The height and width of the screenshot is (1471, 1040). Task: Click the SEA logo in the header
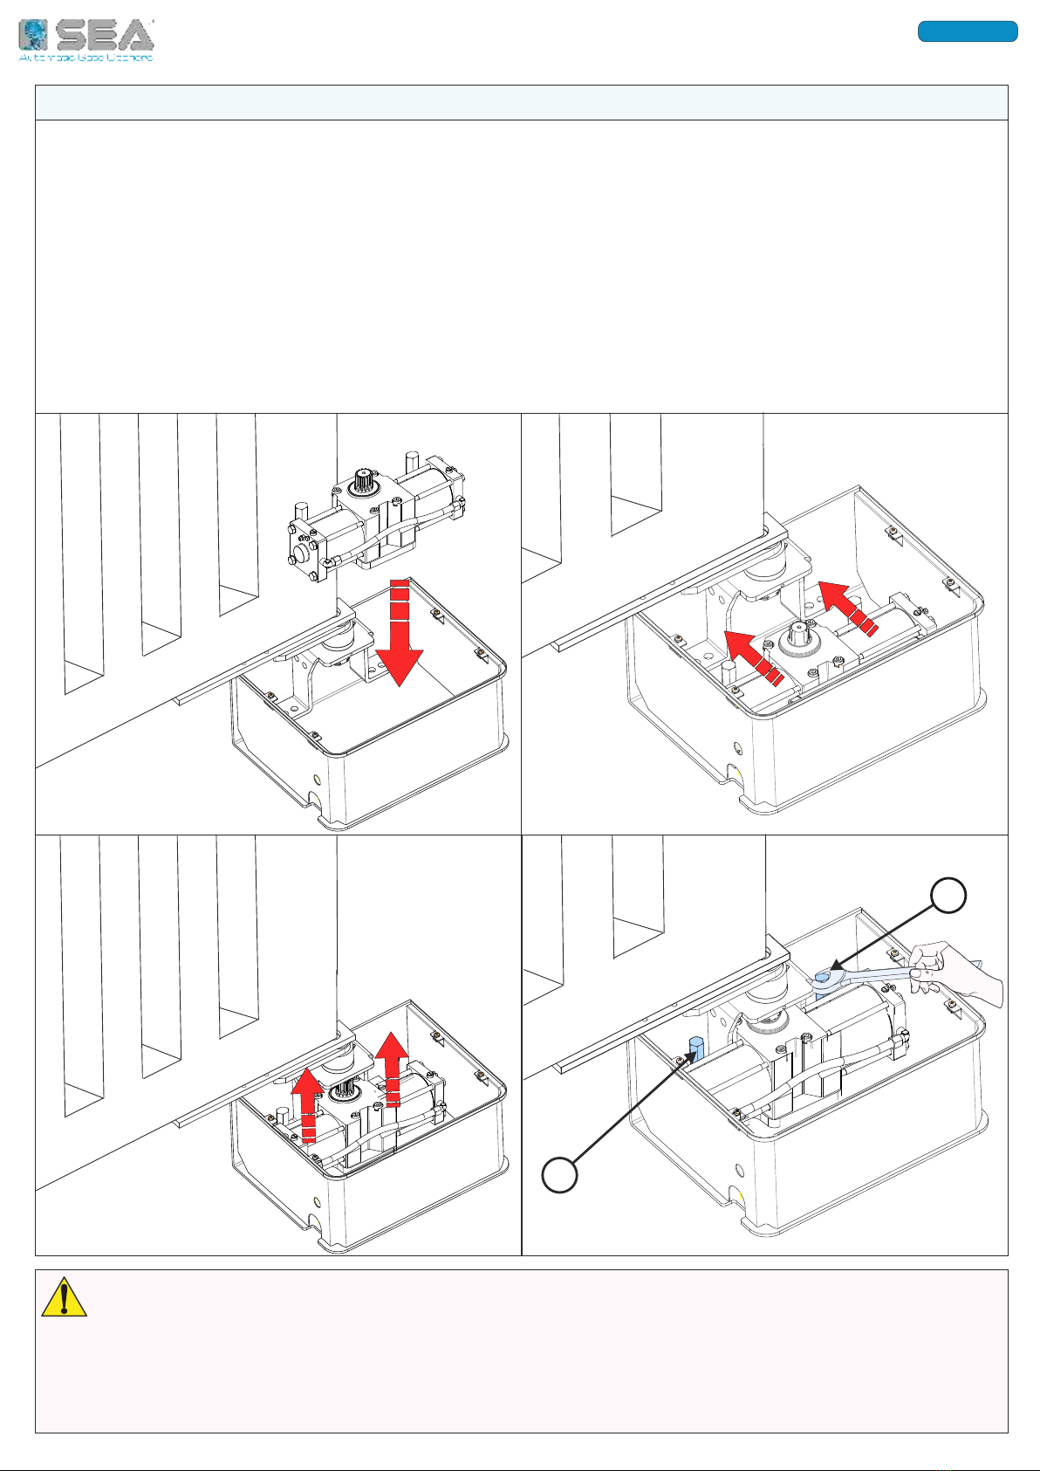(86, 40)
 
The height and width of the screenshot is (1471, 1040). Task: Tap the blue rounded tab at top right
(967, 31)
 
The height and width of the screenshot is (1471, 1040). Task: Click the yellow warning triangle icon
(64, 1298)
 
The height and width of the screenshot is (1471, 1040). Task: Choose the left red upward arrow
(308, 1103)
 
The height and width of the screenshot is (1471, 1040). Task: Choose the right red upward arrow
(393, 1068)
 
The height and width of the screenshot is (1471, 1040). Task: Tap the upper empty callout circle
(949, 897)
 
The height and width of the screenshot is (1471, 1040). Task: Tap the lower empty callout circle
(559, 1174)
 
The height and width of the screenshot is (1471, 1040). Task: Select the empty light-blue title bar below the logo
(521, 103)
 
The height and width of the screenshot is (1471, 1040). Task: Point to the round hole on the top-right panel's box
(738, 748)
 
